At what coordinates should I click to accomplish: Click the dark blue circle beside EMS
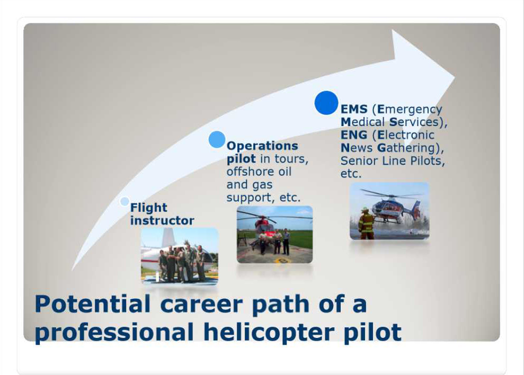[326, 103]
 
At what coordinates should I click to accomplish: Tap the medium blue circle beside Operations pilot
[217, 139]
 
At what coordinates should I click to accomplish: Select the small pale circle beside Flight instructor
[125, 202]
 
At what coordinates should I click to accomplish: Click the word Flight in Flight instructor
[148, 208]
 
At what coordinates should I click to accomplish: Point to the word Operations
[262, 146]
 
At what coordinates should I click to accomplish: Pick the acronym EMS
[354, 109]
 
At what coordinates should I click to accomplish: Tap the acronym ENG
[354, 135]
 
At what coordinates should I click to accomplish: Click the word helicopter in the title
[269, 333]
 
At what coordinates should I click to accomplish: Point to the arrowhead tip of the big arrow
[455, 77]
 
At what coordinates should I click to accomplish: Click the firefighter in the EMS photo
[366, 223]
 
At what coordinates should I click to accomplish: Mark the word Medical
[362, 122]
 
